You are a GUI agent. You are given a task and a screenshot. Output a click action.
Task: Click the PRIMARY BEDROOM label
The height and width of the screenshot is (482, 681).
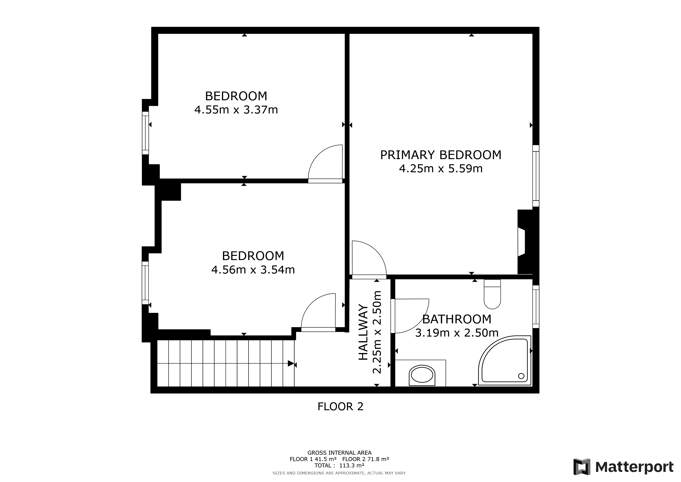click(440, 155)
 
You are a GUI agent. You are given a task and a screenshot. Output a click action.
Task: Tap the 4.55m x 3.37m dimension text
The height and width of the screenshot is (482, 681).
click(236, 110)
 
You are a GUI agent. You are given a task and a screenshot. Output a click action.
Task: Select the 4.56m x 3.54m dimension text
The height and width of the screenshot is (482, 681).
click(253, 270)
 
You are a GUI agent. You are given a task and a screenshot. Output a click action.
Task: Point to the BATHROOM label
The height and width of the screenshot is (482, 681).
click(456, 319)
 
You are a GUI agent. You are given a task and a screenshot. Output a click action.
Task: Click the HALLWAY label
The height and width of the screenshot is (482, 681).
click(363, 332)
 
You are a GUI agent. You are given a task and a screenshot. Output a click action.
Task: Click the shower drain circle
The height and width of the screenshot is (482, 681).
click(521, 376)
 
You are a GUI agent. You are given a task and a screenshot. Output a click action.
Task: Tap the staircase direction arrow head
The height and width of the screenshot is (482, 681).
click(291, 364)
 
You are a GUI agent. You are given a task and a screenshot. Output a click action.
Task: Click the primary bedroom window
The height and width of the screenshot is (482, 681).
click(536, 176)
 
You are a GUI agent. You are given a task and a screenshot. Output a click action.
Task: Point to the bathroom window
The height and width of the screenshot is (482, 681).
click(536, 307)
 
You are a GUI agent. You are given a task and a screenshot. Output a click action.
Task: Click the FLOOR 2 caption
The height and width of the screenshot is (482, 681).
click(340, 407)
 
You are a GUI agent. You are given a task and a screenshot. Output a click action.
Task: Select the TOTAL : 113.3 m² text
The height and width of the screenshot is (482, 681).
click(339, 465)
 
